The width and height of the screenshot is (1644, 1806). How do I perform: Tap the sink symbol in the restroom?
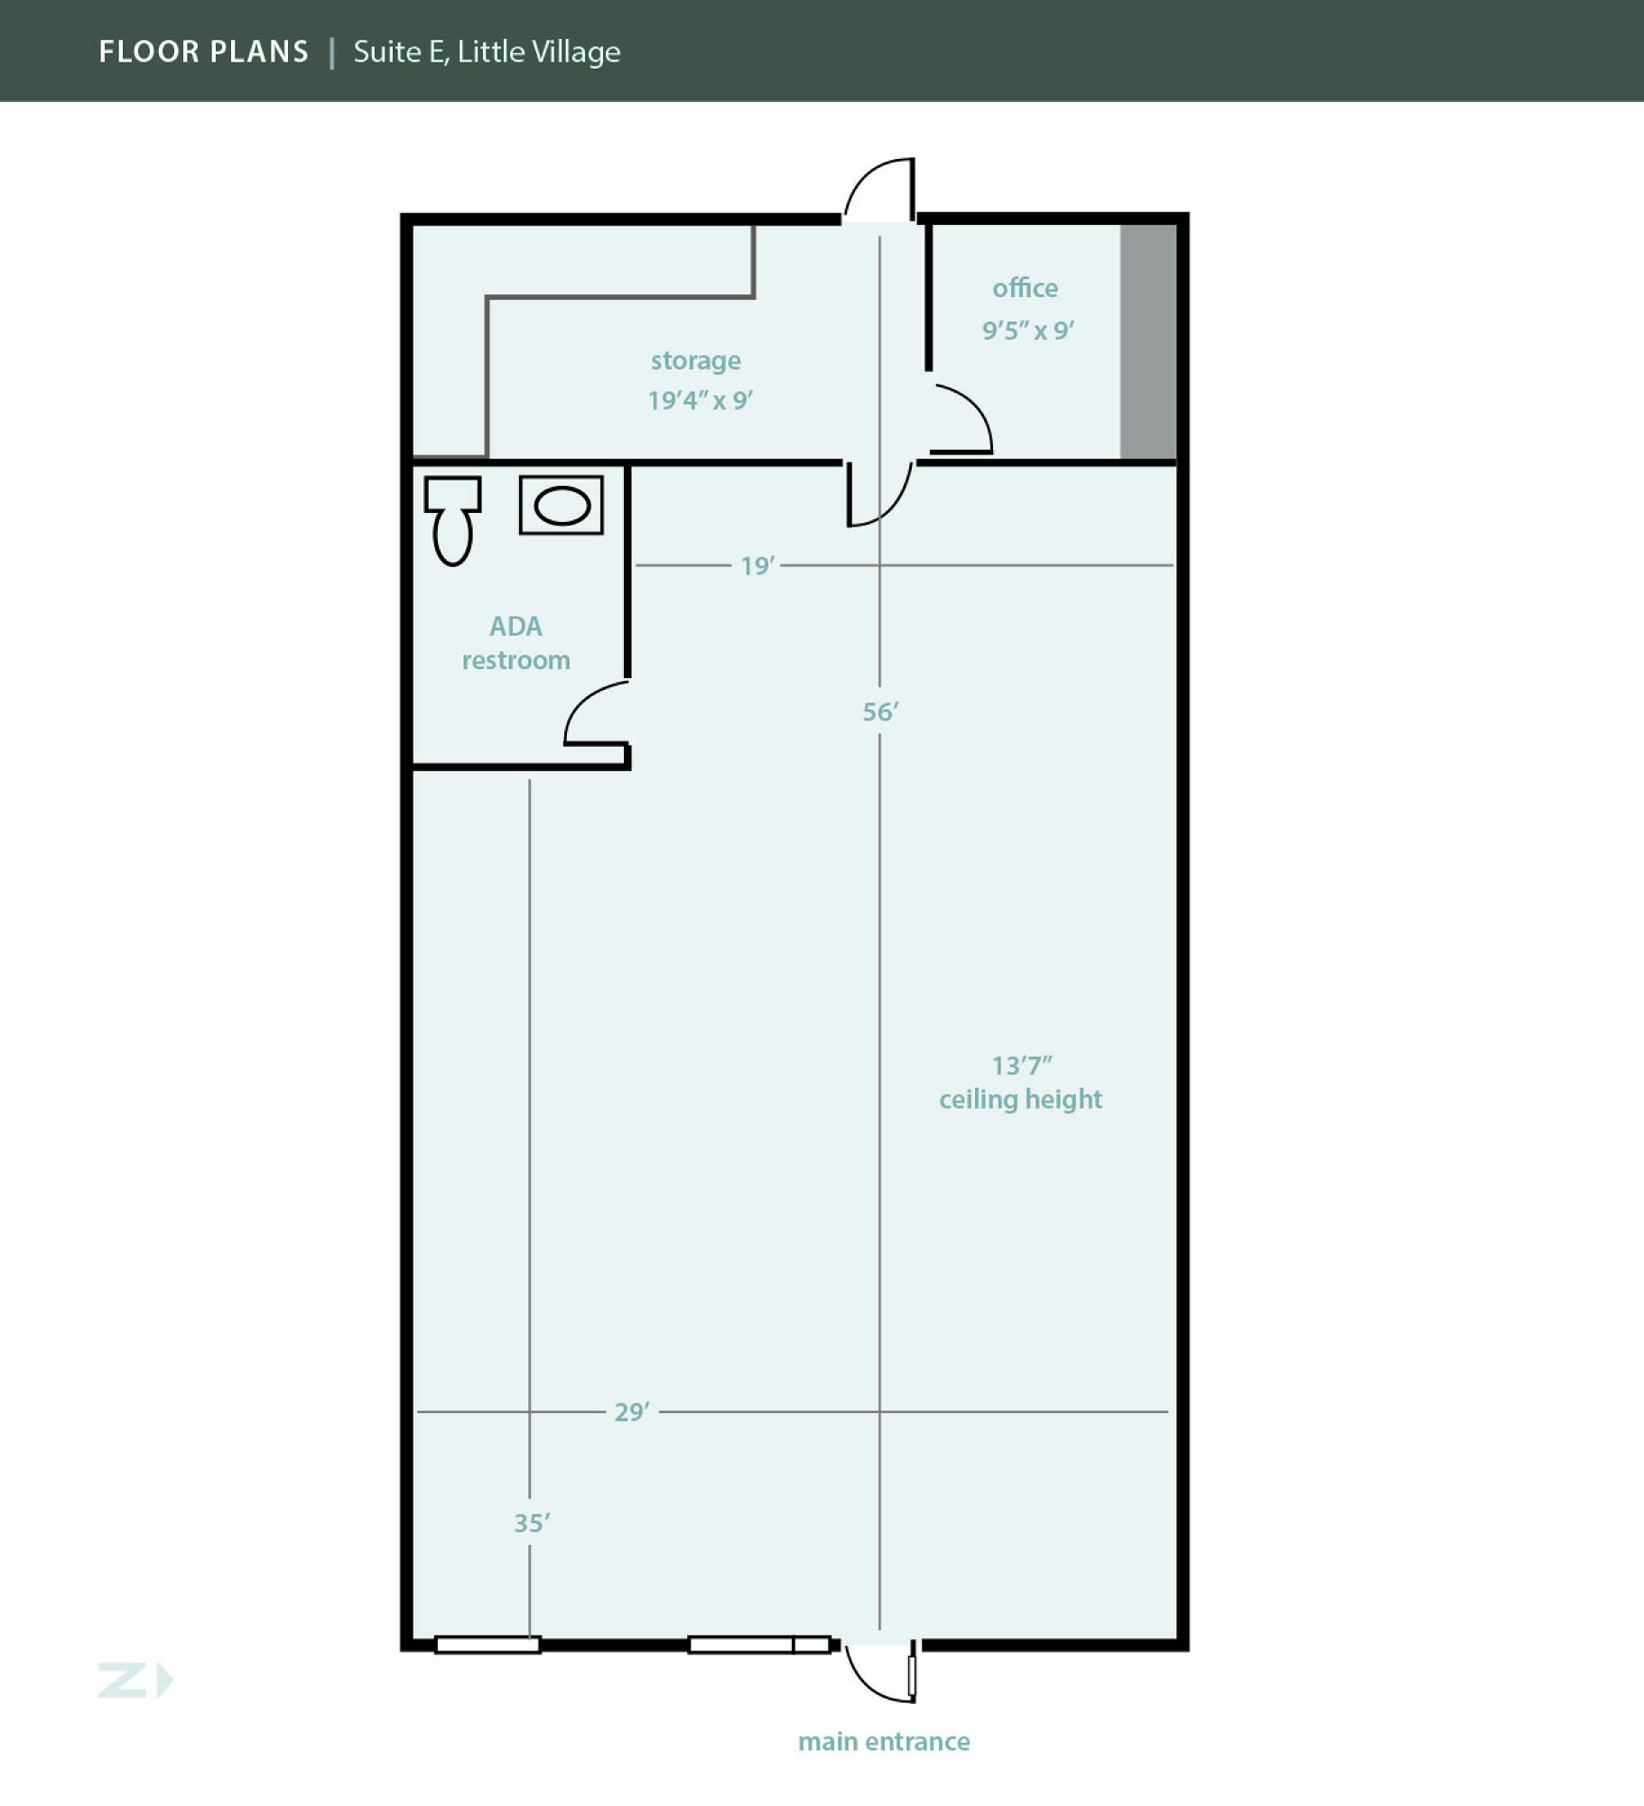[561, 505]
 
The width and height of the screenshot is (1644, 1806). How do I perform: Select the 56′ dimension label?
[880, 712]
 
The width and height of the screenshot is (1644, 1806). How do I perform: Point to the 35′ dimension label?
[532, 1522]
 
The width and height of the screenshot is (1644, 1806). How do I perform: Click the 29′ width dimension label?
[632, 1411]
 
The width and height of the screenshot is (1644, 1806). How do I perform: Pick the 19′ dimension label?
[757, 565]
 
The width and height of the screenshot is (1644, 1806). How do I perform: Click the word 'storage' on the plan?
[696, 361]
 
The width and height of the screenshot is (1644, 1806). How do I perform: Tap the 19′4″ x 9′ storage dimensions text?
[701, 400]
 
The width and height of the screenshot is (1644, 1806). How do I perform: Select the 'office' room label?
[1025, 287]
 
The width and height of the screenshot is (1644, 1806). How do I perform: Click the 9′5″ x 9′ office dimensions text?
[1028, 330]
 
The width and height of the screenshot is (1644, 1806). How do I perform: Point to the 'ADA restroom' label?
[515, 643]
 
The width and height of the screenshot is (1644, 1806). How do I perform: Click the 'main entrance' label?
[884, 1741]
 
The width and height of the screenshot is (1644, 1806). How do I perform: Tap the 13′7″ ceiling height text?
[1020, 1082]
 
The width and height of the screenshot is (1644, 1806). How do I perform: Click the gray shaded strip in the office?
[1148, 341]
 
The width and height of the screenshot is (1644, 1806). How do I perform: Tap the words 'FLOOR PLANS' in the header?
[203, 51]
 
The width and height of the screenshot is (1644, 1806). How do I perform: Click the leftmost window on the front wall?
[488, 1645]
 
